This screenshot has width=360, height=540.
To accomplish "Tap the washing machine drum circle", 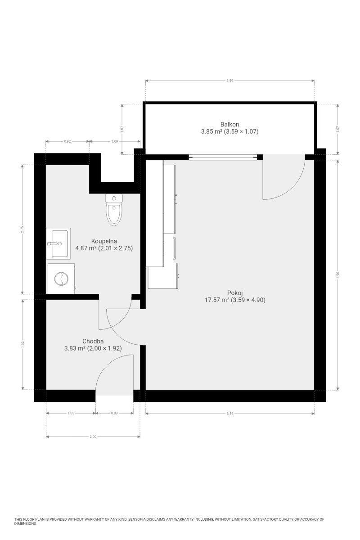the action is (x=59, y=279).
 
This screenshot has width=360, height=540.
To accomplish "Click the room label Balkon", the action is (x=229, y=124).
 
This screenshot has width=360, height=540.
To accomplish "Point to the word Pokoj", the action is (x=234, y=293).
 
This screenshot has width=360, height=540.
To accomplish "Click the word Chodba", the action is (x=93, y=341).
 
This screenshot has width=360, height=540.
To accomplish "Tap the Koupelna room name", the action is (x=104, y=241).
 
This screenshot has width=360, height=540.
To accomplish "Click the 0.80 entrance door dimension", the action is (x=114, y=413).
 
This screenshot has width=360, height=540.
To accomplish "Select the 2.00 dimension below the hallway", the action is (x=93, y=436).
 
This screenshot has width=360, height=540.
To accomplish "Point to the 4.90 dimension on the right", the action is (x=337, y=274).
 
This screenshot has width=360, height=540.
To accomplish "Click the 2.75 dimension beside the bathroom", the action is (x=22, y=229).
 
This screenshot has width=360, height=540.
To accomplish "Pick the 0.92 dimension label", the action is (x=67, y=141).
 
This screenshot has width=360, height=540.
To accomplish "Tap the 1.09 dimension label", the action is (x=115, y=141).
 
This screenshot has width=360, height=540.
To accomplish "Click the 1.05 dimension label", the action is (x=71, y=413).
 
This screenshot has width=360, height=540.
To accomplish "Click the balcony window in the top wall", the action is (x=223, y=157).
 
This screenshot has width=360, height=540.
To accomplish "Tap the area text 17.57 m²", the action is (x=216, y=300).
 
